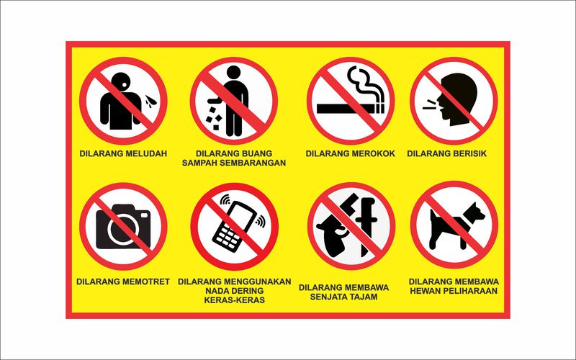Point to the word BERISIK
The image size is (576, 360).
pyautogui.click(x=474, y=153)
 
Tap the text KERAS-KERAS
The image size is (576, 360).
pyautogui.click(x=234, y=300)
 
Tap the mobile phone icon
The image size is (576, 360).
pyautogui.click(x=233, y=225)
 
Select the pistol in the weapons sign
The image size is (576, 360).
pyautogui.click(x=339, y=234)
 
